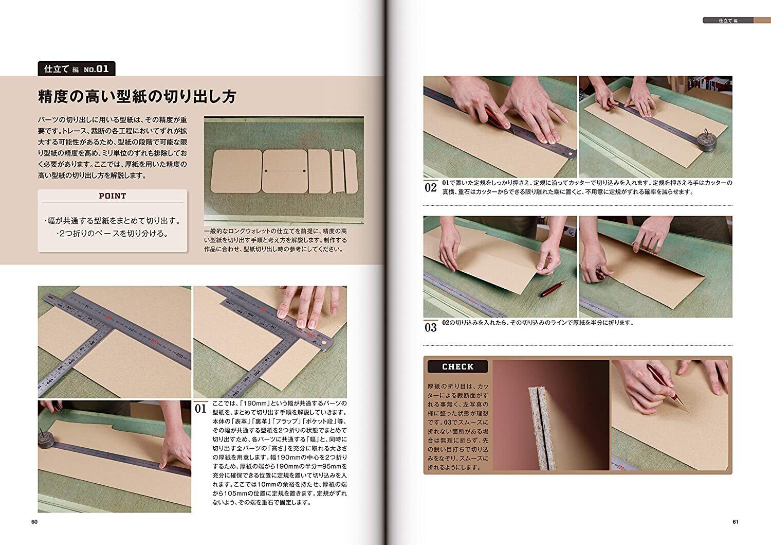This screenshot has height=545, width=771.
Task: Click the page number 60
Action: tap(34, 522)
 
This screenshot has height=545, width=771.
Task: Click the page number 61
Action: tap(735, 522)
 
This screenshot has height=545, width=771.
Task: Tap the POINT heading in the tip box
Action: tap(112, 196)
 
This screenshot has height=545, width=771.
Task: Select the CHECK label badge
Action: tap(457, 366)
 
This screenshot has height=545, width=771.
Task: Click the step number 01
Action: tap(200, 409)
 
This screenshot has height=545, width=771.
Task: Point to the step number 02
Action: tap(431, 187)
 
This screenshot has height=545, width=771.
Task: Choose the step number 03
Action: tap(431, 327)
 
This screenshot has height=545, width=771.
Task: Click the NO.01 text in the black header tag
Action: tap(96, 69)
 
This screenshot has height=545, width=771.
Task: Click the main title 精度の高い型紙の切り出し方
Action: tap(137, 97)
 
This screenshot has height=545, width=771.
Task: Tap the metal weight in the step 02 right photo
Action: tap(707, 140)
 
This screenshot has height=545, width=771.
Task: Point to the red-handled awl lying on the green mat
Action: tap(554, 289)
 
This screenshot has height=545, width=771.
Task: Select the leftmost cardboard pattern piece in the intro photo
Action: tap(236, 171)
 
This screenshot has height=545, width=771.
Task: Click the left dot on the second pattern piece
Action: tap(266, 171)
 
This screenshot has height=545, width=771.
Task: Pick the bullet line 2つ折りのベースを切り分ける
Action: tap(112, 233)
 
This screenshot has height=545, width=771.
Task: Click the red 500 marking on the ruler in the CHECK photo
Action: tap(622, 467)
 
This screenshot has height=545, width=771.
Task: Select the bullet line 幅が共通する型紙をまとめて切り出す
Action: tap(112, 221)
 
